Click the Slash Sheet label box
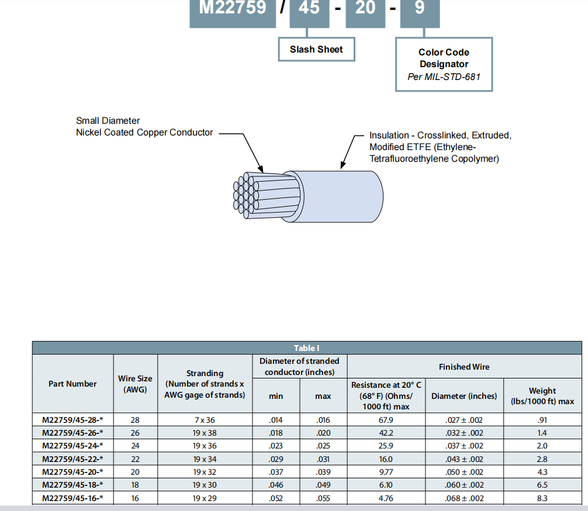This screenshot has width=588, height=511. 316,50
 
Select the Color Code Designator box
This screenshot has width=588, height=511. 444,64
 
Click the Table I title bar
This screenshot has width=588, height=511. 306,348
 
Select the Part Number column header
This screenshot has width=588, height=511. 72,384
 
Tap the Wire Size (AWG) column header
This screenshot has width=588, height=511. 135,384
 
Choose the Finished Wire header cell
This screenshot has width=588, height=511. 464,367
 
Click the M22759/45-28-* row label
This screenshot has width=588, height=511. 72,420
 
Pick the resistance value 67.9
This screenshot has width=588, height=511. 386,420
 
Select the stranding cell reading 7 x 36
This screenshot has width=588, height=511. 205,420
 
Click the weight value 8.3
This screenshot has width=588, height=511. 542,498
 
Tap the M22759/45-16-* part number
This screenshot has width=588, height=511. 72,498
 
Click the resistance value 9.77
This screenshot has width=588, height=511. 386,472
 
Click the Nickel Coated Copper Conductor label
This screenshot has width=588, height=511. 144,133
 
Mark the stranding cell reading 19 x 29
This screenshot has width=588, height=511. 205,498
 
